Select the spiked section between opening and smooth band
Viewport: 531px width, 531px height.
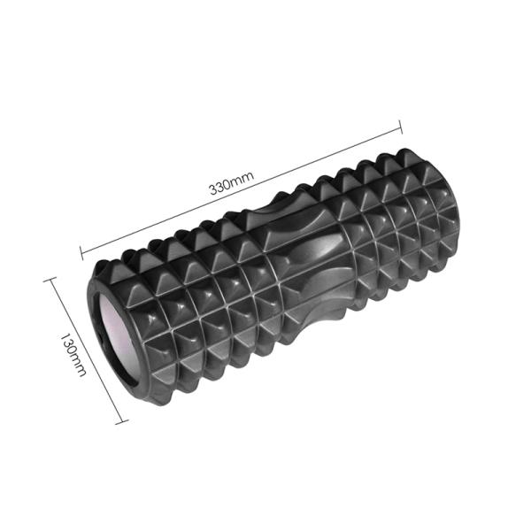coord(195,310)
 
